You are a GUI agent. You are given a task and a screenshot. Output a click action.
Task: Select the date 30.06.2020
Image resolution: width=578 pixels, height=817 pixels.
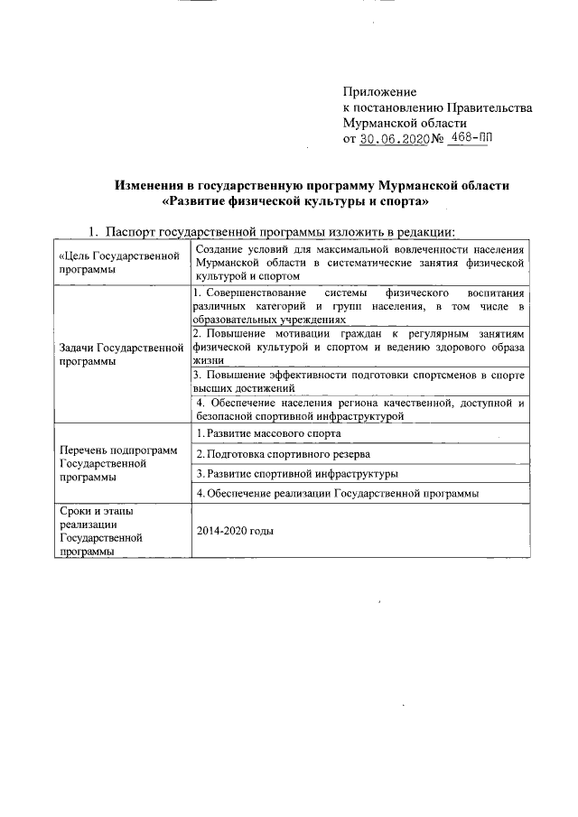click(395, 139)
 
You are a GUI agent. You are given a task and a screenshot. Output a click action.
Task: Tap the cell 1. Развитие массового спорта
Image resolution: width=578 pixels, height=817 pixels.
click(262, 433)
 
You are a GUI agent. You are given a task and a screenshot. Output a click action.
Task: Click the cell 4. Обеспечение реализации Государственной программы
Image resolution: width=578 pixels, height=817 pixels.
click(336, 494)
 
